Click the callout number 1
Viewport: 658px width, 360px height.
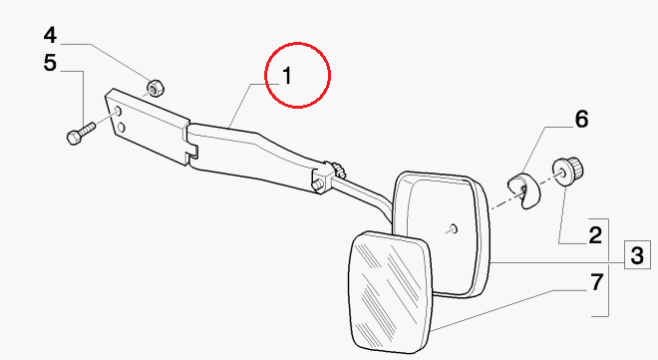point(287,76)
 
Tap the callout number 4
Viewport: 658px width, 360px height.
point(50,35)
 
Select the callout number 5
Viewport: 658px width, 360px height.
point(50,63)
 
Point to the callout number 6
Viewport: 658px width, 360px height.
point(581,119)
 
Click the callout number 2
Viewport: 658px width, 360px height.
point(595,235)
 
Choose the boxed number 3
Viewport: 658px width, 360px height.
point(637,255)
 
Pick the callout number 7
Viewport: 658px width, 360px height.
point(597,282)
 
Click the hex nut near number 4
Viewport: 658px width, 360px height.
point(155,88)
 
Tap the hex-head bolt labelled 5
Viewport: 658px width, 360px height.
point(81,133)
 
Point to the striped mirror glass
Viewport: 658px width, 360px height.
point(391,292)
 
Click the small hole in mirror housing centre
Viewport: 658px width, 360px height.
point(454,229)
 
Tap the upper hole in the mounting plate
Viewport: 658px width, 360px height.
point(119,112)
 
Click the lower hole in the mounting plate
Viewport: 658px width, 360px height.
point(122,127)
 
